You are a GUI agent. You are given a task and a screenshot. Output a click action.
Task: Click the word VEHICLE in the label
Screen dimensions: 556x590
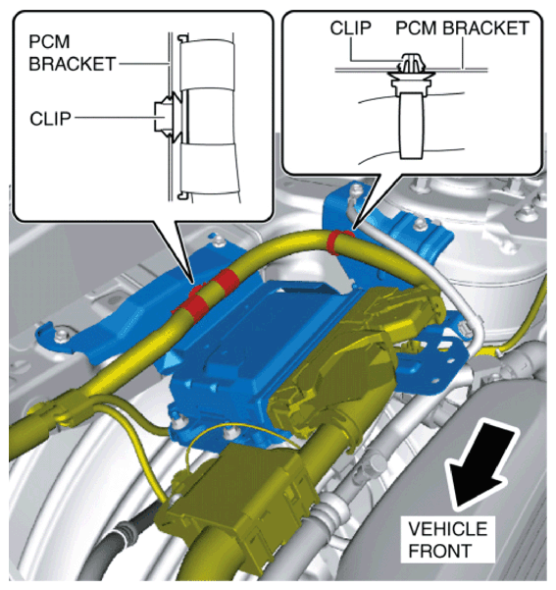pos(447,529)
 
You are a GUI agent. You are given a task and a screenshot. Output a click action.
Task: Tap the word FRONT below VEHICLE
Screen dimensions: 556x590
pos(440,552)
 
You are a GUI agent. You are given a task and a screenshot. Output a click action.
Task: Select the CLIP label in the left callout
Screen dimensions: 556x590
pos(50,119)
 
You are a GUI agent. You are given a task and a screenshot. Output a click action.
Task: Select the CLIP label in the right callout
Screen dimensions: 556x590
pos(350,27)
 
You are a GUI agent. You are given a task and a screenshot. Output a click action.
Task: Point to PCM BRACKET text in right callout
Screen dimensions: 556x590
pos(463,28)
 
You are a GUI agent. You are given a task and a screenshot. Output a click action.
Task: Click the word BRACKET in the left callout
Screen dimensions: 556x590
pos(73,64)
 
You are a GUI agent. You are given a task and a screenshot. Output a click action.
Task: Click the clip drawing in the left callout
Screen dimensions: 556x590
pos(168,117)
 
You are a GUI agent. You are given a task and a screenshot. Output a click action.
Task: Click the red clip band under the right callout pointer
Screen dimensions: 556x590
pos(339,241)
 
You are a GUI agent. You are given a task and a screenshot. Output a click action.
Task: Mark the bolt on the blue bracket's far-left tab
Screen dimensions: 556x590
pos(61,336)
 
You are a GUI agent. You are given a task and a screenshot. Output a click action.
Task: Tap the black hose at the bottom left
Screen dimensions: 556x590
pos(121,542)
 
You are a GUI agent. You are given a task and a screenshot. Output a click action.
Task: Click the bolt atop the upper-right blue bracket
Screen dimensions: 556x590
pos(419,226)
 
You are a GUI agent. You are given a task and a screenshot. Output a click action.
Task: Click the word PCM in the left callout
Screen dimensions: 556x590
pos(49,41)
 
